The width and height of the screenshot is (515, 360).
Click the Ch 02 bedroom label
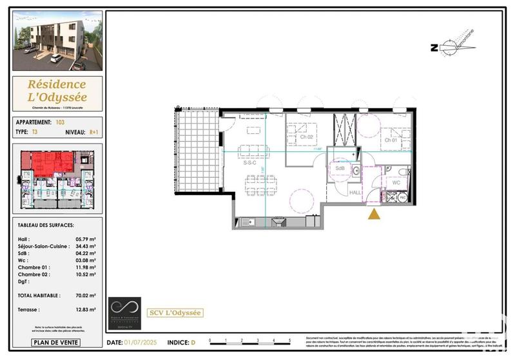click(x=306, y=137)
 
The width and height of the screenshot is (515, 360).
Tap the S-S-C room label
click(x=249, y=163)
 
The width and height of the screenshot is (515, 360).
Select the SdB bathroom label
click(x=339, y=169)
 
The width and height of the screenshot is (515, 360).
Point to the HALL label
click(x=355, y=192)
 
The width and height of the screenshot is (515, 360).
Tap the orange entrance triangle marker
click(x=373, y=214)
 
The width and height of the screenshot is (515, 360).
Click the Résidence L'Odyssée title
click(x=57, y=91)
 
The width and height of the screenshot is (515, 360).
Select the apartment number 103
click(x=61, y=122)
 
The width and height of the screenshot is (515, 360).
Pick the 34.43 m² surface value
click(x=86, y=247)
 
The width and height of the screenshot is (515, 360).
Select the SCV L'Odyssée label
click(x=175, y=313)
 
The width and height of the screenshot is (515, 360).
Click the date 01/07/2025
click(x=141, y=343)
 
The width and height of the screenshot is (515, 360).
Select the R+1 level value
click(x=95, y=131)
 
